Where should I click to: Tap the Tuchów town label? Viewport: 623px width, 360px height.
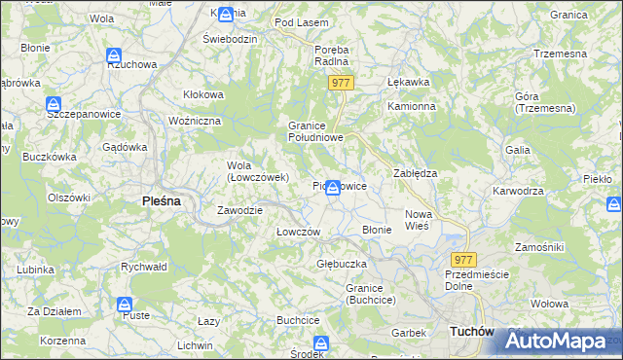[x=473, y=332]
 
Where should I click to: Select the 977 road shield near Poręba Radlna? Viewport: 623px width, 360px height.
[x=340, y=84]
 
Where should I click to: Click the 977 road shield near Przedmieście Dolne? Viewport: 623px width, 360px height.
[x=464, y=260]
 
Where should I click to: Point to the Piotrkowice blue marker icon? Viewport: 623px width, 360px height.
[x=333, y=186]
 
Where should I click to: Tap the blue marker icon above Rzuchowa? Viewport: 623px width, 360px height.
[x=114, y=56]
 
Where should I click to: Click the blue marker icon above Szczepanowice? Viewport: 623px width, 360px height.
[x=55, y=104]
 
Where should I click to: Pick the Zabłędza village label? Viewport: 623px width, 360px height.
[x=415, y=172]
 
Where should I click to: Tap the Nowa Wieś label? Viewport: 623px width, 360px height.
[x=418, y=219]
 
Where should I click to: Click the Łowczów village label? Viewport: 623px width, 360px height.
[x=298, y=232]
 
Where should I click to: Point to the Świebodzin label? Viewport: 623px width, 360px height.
[x=229, y=38]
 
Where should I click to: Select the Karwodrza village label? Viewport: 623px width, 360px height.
[x=518, y=191]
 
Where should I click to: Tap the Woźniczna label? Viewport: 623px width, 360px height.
[x=196, y=120]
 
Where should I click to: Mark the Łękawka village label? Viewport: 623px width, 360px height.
[x=408, y=82]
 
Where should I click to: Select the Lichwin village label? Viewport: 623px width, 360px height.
[x=195, y=345]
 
